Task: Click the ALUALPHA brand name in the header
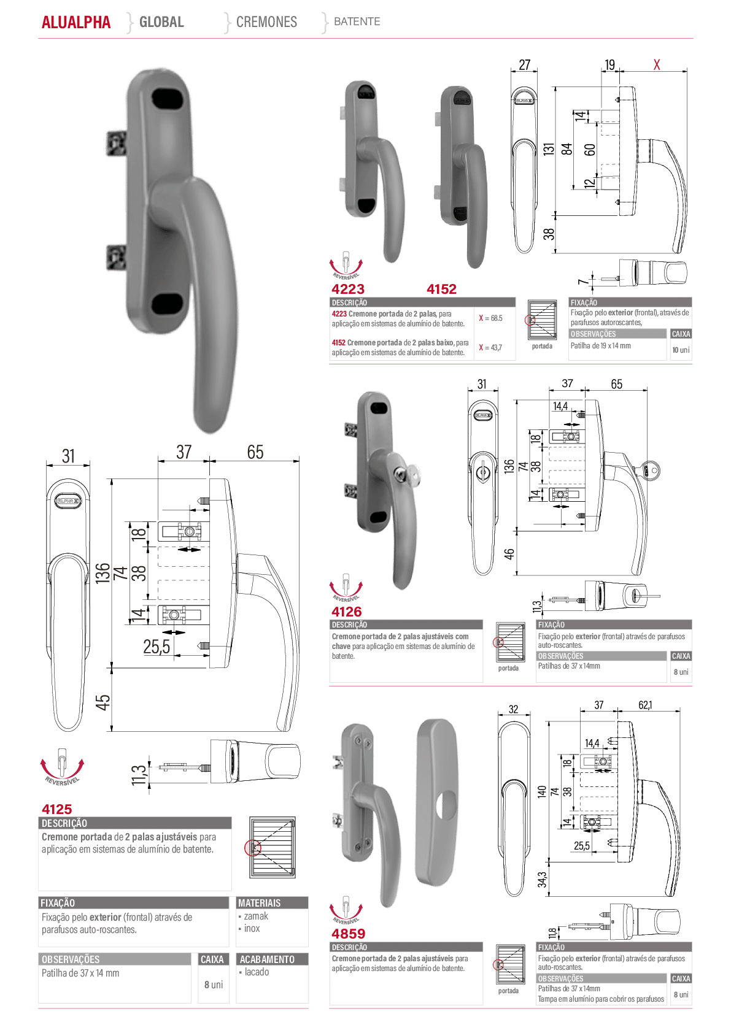click(76, 22)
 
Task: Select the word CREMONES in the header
click(266, 21)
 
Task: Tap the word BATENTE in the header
click(357, 21)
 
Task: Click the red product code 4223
click(348, 289)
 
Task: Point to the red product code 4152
click(442, 289)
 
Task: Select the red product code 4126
click(347, 612)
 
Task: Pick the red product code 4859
click(349, 934)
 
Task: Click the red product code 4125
click(56, 809)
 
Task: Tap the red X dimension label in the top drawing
click(657, 64)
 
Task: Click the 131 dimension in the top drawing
click(548, 149)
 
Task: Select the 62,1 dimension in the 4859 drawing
click(645, 705)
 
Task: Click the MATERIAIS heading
click(260, 903)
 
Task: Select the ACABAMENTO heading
click(267, 959)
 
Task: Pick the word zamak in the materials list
click(256, 916)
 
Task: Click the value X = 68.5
click(490, 318)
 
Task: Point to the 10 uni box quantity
click(681, 350)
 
